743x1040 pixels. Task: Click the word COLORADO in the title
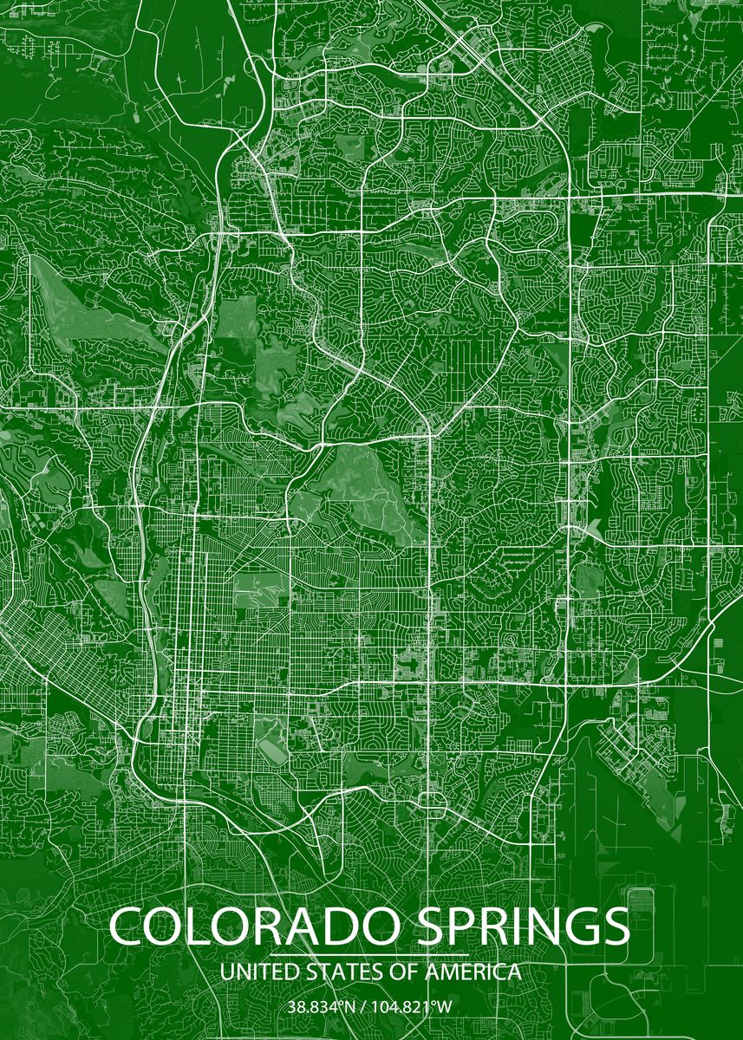tap(252, 927)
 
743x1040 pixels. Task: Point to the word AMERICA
tap(473, 972)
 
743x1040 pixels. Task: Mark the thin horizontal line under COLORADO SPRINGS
tap(370, 954)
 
